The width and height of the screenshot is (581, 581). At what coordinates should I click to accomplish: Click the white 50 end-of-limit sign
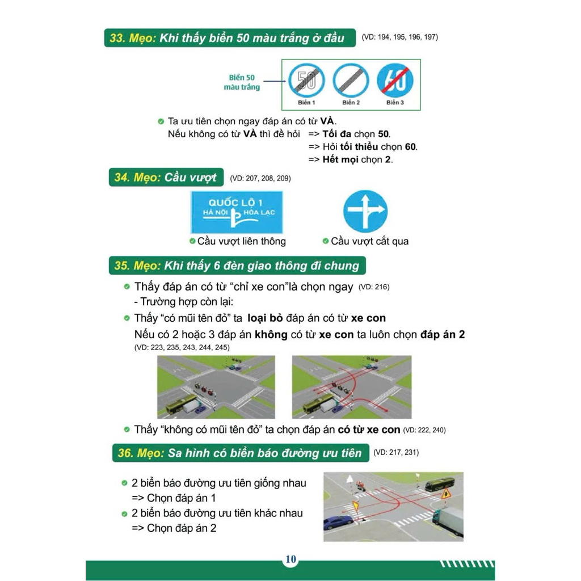click(306, 81)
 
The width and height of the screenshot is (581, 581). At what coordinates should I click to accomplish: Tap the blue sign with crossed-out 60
click(395, 81)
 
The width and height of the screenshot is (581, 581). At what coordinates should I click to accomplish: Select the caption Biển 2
click(351, 103)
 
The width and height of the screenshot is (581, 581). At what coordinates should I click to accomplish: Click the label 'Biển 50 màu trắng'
click(242, 82)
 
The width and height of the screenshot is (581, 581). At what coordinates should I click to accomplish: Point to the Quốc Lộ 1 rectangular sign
click(237, 212)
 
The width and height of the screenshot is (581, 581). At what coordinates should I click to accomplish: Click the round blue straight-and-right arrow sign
click(365, 212)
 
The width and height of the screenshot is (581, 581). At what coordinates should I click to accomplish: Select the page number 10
click(291, 559)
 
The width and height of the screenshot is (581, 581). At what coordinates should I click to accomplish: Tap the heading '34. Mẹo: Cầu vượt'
click(166, 178)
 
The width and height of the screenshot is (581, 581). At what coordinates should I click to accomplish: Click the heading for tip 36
click(241, 453)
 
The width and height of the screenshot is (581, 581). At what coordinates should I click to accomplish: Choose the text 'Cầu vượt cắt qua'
click(370, 241)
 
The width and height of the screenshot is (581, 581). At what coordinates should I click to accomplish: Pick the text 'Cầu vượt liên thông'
click(242, 241)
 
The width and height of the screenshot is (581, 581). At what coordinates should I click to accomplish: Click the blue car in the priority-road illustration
click(338, 523)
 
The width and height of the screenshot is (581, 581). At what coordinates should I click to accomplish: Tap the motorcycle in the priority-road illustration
click(359, 486)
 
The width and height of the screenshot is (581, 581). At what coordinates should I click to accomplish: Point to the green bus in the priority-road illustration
click(440, 485)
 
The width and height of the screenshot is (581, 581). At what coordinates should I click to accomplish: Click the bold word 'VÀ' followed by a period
click(327, 121)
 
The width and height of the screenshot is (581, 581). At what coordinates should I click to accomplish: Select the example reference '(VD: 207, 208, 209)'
click(260, 178)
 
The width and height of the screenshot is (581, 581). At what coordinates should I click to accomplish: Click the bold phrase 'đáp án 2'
click(443, 335)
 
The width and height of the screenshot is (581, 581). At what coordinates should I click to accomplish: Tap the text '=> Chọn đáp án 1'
click(174, 498)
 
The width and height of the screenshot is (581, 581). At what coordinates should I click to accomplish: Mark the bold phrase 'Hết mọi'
click(340, 159)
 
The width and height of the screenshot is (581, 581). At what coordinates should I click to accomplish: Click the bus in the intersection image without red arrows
click(181, 404)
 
